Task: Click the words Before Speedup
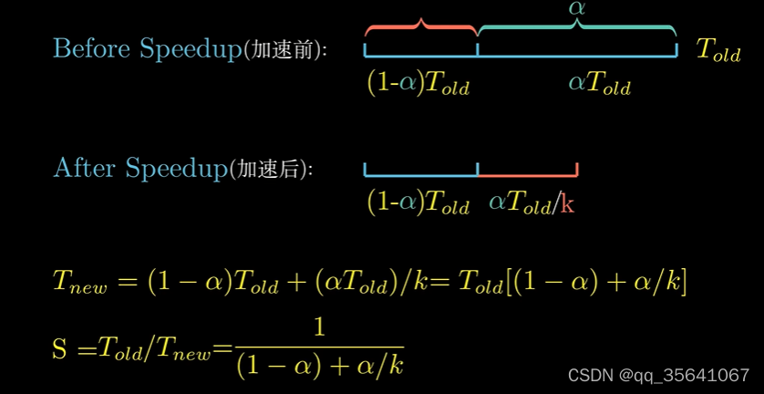[x=146, y=48]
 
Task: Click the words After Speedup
[x=139, y=168]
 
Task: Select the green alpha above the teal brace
[x=576, y=8]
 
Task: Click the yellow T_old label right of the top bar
[x=718, y=50]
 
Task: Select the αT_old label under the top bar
[x=599, y=84]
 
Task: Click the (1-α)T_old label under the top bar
[x=418, y=84]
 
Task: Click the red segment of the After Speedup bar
[x=528, y=171]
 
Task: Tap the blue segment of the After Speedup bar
[x=420, y=171]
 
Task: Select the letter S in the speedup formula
[x=60, y=347]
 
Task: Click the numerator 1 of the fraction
[x=319, y=327]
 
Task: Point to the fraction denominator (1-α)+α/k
[x=319, y=366]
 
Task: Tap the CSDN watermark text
[x=658, y=375]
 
